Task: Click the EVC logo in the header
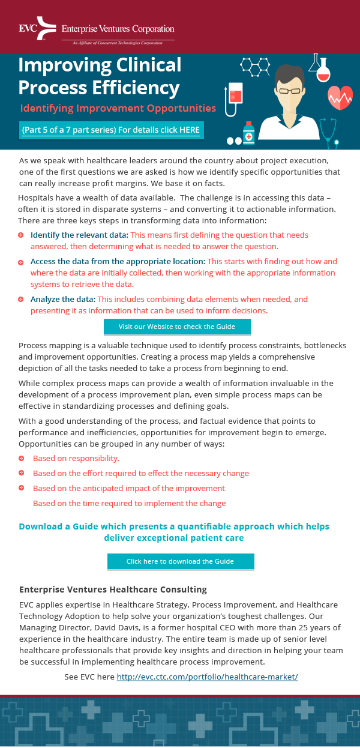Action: point(38,28)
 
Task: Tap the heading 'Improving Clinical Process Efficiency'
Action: point(100,76)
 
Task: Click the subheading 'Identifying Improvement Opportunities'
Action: point(118,108)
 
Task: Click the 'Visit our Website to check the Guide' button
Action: point(177,327)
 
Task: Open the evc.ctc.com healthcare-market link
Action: point(207,677)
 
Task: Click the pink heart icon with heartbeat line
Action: point(340,96)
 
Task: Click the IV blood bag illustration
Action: point(235,96)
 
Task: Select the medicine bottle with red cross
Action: point(248,133)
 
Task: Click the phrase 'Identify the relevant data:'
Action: point(79,235)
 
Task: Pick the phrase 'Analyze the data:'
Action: point(62,299)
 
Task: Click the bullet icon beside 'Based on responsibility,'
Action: point(22,458)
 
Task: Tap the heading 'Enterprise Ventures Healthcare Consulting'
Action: point(113,590)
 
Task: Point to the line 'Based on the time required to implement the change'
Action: point(129,503)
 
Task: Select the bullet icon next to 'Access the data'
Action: point(21,262)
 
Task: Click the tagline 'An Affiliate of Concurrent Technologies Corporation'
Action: point(117,43)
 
